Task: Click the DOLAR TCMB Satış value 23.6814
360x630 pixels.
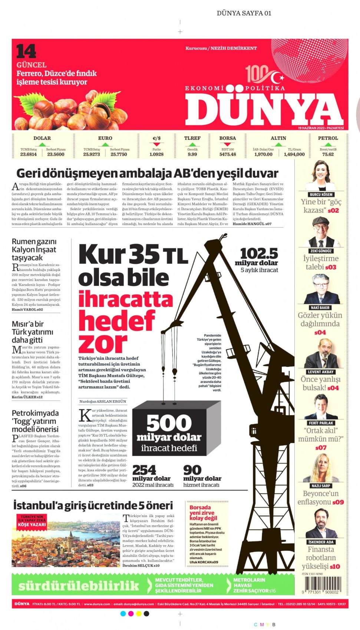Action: tap(29, 154)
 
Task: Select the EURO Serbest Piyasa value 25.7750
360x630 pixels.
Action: tap(119, 154)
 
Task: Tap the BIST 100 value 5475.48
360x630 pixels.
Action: tap(228, 154)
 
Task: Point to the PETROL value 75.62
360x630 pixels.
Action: tap(328, 154)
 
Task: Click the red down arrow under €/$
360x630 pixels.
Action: tap(156, 144)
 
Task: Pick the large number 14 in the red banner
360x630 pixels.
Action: tap(26, 52)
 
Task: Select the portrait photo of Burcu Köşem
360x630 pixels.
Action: tap(321, 176)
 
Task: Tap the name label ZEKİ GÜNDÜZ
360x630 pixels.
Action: tap(321, 251)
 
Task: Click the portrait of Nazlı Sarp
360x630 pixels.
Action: tap(321, 468)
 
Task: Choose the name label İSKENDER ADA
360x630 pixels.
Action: tap(321, 542)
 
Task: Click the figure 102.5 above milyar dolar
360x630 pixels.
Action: tap(259, 253)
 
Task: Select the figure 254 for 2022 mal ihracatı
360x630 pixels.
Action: tap(144, 470)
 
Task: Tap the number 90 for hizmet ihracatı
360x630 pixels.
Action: tap(192, 470)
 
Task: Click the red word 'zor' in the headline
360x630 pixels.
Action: tap(103, 343)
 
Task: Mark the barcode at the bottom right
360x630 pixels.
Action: tap(321, 586)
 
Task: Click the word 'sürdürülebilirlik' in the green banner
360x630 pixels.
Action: tap(79, 586)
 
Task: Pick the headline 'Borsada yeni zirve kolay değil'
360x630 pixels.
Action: tap(203, 513)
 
